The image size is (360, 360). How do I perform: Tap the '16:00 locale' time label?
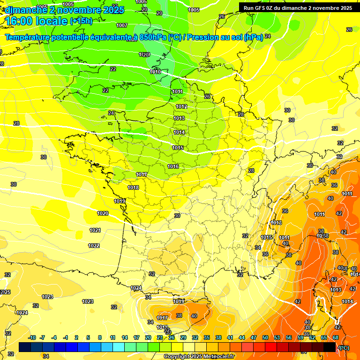36,21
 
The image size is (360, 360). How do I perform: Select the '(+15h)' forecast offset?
81,21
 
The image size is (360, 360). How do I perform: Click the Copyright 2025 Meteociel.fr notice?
199,357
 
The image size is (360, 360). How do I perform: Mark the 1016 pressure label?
173,166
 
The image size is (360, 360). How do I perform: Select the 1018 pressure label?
133,187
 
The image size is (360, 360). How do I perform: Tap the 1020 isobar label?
103,213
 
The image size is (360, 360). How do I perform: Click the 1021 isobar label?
95,230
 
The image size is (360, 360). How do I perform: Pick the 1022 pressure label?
94,246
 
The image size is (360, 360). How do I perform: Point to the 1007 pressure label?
122,25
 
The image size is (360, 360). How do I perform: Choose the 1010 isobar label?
155,72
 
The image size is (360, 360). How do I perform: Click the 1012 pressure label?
181,106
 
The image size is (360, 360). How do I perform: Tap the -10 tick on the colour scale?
32,337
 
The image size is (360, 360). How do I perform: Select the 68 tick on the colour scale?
336,337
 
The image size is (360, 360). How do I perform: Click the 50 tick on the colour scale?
265,337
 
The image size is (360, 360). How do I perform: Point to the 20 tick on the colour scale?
148,337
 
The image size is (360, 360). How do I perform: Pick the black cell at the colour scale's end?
330,347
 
